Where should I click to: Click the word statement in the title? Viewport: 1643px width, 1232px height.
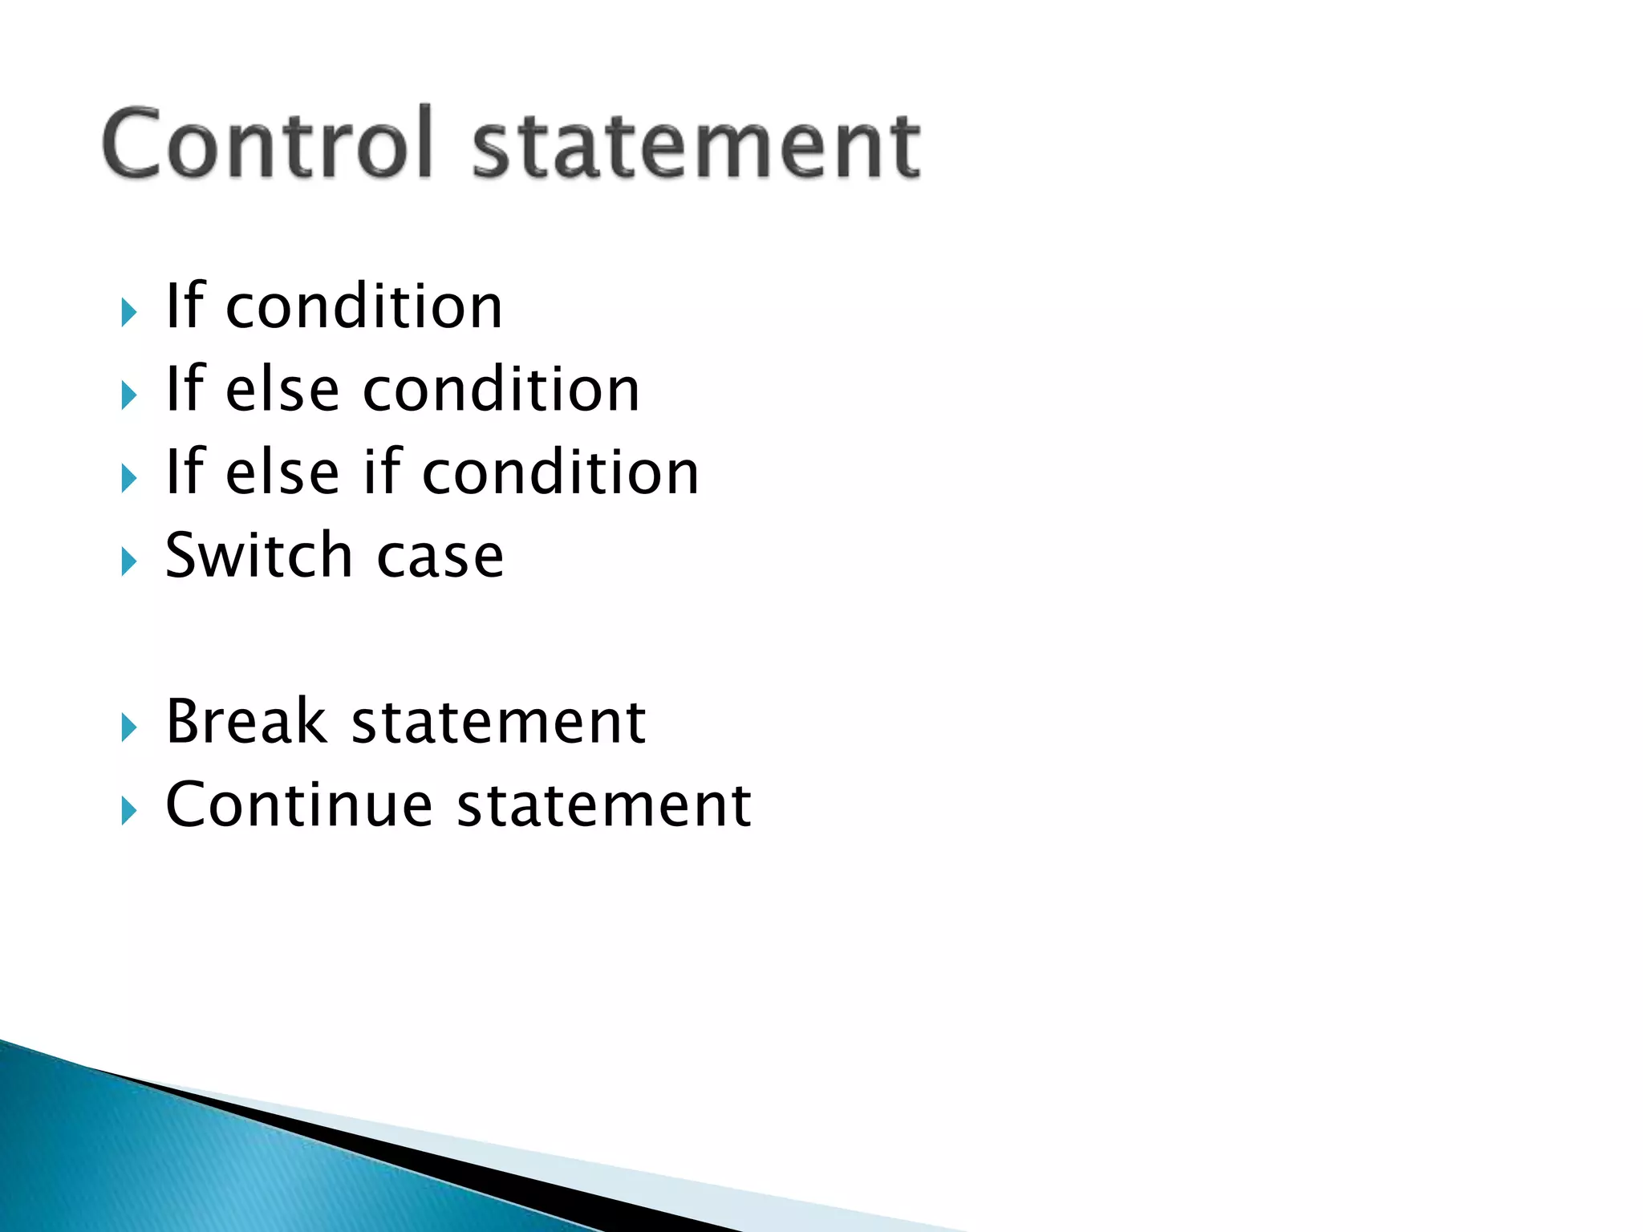(x=696, y=147)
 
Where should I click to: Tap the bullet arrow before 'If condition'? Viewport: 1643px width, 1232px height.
(x=128, y=312)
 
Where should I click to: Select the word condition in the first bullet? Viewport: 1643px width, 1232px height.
(x=364, y=308)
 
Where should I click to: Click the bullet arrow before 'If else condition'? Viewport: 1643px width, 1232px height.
(x=128, y=395)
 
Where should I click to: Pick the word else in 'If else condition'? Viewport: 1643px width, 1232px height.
(x=282, y=390)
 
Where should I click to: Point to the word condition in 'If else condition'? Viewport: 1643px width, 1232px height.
(x=501, y=390)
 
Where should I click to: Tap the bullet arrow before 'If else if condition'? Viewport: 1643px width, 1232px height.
(x=128, y=479)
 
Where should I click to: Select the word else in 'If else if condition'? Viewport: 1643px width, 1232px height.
(x=282, y=473)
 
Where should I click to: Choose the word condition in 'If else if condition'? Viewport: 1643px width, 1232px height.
(x=561, y=473)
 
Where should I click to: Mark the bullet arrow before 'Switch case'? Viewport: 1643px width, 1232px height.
(x=128, y=561)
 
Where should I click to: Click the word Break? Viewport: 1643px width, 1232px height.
(x=247, y=721)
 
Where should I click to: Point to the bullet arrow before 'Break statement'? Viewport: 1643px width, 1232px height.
(x=128, y=727)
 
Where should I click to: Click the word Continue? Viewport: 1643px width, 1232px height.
(x=298, y=804)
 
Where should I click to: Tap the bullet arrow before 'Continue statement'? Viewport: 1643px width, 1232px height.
(x=128, y=811)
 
